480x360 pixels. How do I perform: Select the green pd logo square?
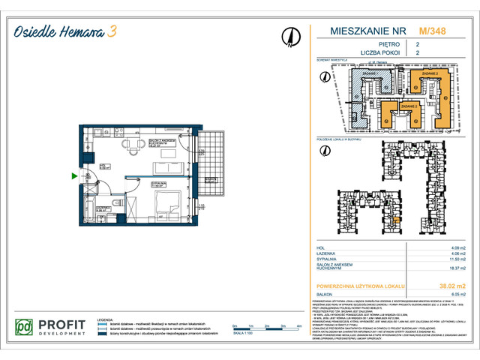pos(26,328)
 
